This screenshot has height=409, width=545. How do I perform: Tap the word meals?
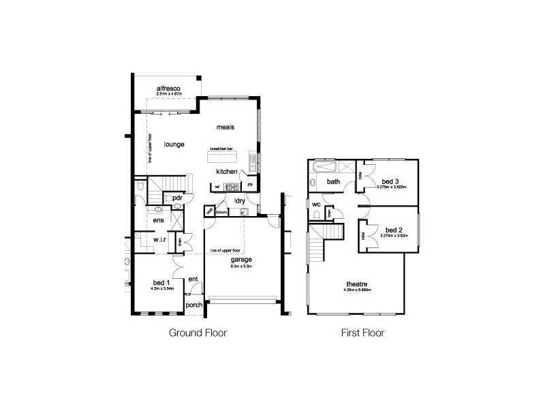tap(225, 127)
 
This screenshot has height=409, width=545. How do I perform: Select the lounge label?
tap(174, 144)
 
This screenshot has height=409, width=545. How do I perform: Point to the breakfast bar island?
tap(222, 156)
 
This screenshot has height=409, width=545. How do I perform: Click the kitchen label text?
tap(227, 172)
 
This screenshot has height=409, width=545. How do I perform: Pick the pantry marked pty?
tap(250, 184)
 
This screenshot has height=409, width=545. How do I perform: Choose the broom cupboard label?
tap(221, 212)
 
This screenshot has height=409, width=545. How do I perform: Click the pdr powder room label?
tap(176, 198)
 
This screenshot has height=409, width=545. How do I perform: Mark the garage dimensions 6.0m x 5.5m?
tap(241, 267)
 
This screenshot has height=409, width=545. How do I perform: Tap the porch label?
tap(193, 305)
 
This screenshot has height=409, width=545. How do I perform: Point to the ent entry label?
tap(193, 278)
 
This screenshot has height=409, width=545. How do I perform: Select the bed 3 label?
tap(388, 181)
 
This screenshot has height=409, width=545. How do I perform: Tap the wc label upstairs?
tap(317, 204)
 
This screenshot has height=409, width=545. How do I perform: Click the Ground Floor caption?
tap(197, 334)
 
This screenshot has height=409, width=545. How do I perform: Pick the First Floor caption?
tap(362, 334)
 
